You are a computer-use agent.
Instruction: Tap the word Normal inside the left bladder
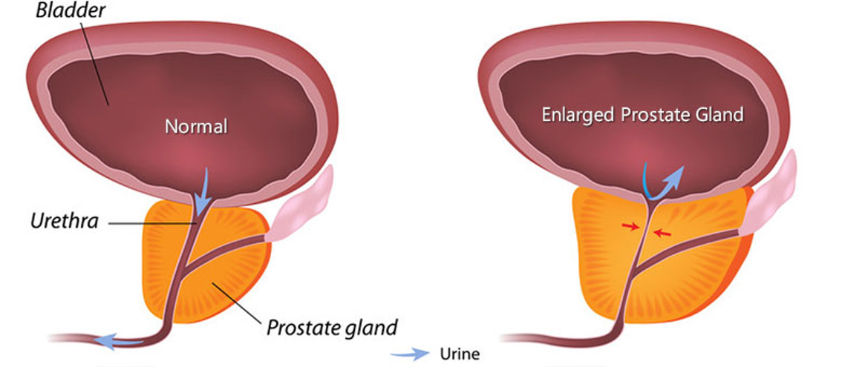coord(196,126)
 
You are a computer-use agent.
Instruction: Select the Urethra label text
coord(64,220)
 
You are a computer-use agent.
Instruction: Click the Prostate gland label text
coord(332,327)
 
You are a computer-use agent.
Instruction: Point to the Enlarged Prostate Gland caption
coord(642,115)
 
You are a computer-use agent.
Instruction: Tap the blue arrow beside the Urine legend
coord(416,353)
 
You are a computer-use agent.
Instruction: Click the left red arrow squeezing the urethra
coord(630,226)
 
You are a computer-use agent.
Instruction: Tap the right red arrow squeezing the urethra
coord(662,233)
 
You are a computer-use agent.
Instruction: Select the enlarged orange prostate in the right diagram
coord(698,282)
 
